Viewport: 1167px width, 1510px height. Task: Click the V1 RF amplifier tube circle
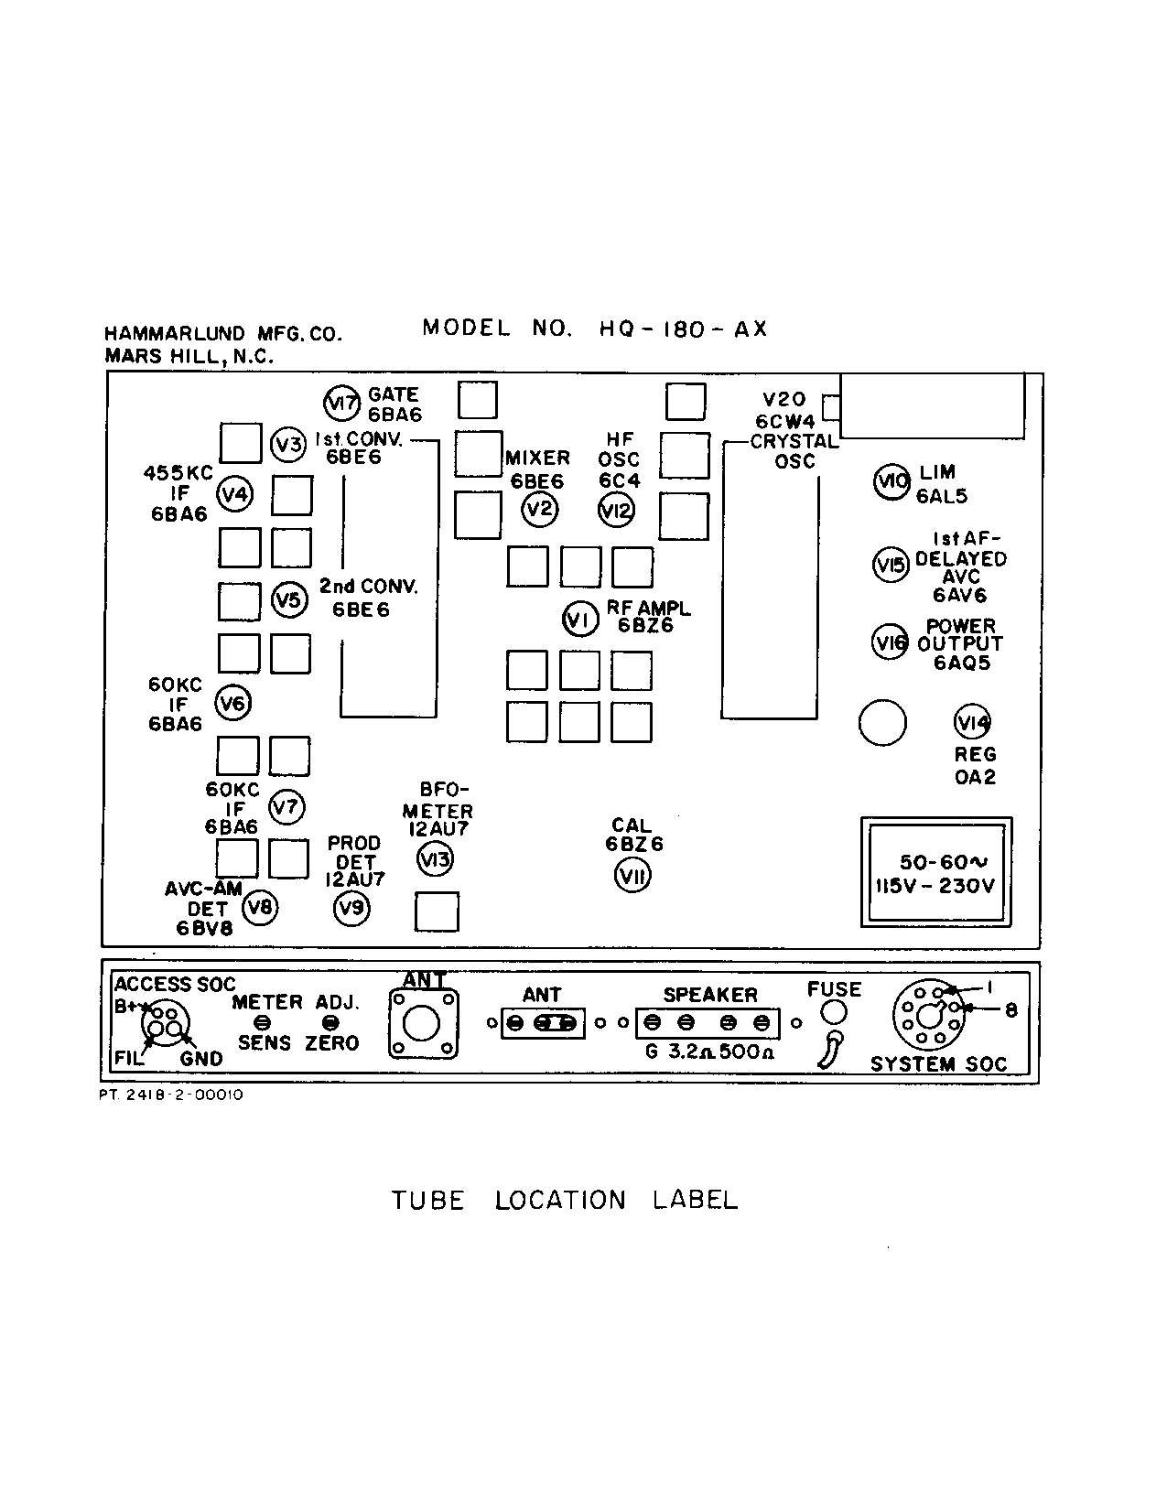coord(579,620)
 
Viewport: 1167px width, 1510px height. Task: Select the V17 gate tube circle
coord(342,403)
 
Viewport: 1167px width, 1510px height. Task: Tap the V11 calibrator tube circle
coord(632,876)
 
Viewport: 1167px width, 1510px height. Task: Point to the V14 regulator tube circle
coord(972,723)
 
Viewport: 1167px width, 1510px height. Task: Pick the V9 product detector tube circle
coord(351,908)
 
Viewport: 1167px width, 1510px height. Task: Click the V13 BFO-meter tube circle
coord(435,859)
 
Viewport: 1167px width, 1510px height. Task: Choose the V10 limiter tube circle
coord(891,482)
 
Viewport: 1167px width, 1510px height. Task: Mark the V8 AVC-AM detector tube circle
coord(260,907)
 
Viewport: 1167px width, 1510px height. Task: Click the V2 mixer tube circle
coord(540,510)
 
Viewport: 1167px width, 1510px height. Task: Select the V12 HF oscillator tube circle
coord(616,510)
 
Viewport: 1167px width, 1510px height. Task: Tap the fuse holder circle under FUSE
coord(834,1012)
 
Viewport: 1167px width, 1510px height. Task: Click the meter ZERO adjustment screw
coord(331,1022)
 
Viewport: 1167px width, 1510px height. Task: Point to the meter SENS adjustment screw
coord(264,1022)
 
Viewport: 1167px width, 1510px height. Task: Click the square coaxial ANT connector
coord(422,1023)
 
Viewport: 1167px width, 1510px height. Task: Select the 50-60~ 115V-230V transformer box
coord(935,873)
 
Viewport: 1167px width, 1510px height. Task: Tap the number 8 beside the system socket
coord(1010,1010)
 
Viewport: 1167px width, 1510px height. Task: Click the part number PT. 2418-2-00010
coord(171,1095)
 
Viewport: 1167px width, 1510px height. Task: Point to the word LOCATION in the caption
coord(560,1201)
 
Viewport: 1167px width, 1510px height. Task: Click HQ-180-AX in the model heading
coord(683,329)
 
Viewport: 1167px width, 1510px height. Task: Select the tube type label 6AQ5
coord(961,663)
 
